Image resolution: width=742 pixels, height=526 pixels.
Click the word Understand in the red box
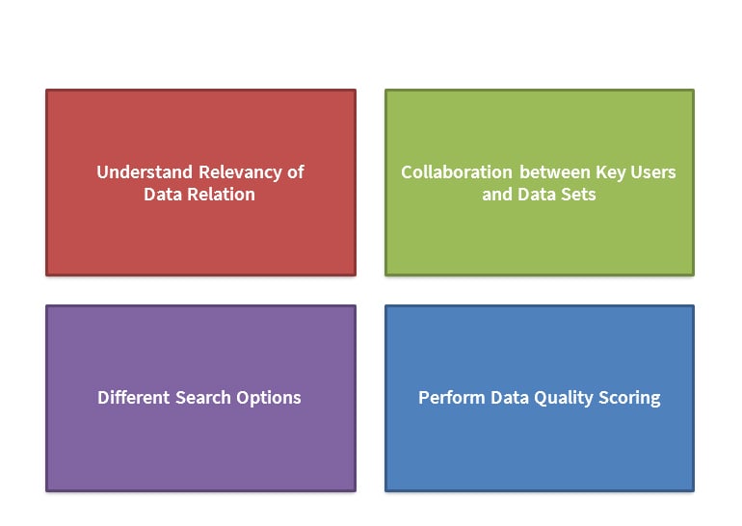(x=145, y=172)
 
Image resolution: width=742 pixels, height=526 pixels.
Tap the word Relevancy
(x=240, y=173)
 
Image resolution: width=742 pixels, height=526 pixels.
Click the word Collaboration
(x=457, y=172)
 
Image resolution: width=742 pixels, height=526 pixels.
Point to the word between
(x=555, y=172)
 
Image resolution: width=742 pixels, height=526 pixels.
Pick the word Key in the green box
(x=611, y=173)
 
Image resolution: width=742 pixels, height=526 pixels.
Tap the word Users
(x=653, y=172)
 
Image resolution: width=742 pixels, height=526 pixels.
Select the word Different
(x=133, y=397)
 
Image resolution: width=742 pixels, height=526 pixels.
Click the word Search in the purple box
(x=203, y=397)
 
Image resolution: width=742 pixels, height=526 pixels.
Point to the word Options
(x=269, y=398)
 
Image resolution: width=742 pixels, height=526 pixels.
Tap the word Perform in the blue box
(x=451, y=397)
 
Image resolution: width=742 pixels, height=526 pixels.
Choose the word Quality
(x=563, y=398)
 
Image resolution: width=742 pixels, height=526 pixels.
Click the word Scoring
(x=629, y=398)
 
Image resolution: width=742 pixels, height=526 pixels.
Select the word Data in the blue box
(x=510, y=397)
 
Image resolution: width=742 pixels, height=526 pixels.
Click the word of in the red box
(x=296, y=172)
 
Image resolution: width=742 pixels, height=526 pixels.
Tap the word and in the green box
(x=497, y=195)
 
